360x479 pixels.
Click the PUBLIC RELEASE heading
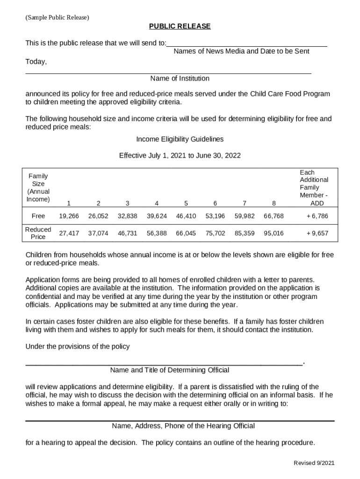point(180,26)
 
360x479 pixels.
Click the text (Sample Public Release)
point(57,17)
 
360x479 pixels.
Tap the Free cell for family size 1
point(69,216)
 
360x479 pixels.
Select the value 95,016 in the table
point(274,233)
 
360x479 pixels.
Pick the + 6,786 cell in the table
point(317,216)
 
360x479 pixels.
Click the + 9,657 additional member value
point(317,233)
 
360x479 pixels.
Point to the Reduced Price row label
point(38,233)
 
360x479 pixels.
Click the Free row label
point(38,216)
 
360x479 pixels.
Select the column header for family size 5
point(186,203)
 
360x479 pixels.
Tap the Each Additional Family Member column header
point(314,188)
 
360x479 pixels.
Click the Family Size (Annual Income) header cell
point(38,188)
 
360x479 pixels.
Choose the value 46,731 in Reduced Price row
point(127,233)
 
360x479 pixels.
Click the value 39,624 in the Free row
point(157,216)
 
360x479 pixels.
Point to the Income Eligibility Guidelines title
point(180,139)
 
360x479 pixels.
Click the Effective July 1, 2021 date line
point(180,155)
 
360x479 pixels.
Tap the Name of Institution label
point(180,78)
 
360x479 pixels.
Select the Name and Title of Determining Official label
point(170,370)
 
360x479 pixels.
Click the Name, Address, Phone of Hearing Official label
point(183,426)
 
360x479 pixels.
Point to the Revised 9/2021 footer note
point(314,463)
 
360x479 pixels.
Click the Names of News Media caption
point(241,51)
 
